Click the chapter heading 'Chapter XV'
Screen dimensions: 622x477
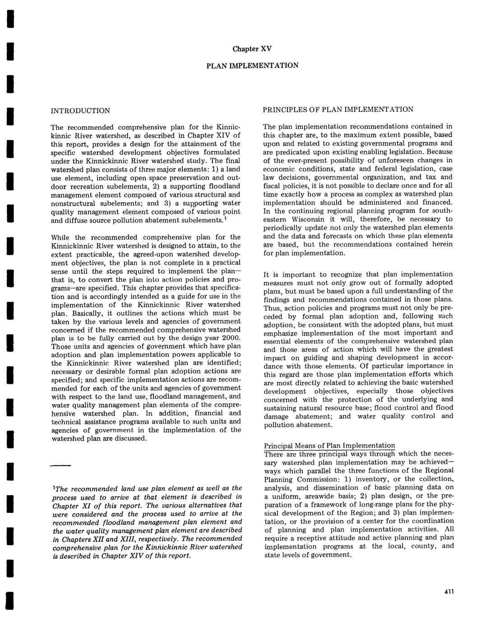pyautogui.click(x=252, y=49)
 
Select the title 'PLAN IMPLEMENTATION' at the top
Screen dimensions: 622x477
pyautogui.click(x=252, y=65)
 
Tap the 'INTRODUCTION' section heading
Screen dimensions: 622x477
pyautogui.click(x=80, y=111)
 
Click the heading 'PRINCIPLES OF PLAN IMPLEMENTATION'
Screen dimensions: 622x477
pyautogui.click(x=338, y=110)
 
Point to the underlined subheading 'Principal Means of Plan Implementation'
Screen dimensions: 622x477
pyautogui.click(x=329, y=446)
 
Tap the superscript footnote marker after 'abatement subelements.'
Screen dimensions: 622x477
pyautogui.click(x=226, y=219)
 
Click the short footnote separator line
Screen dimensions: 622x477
pyautogui.click(x=60, y=465)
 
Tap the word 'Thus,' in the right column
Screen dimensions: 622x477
pyautogui.click(x=272, y=308)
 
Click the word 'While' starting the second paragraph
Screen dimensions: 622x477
pyautogui.click(x=60, y=237)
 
